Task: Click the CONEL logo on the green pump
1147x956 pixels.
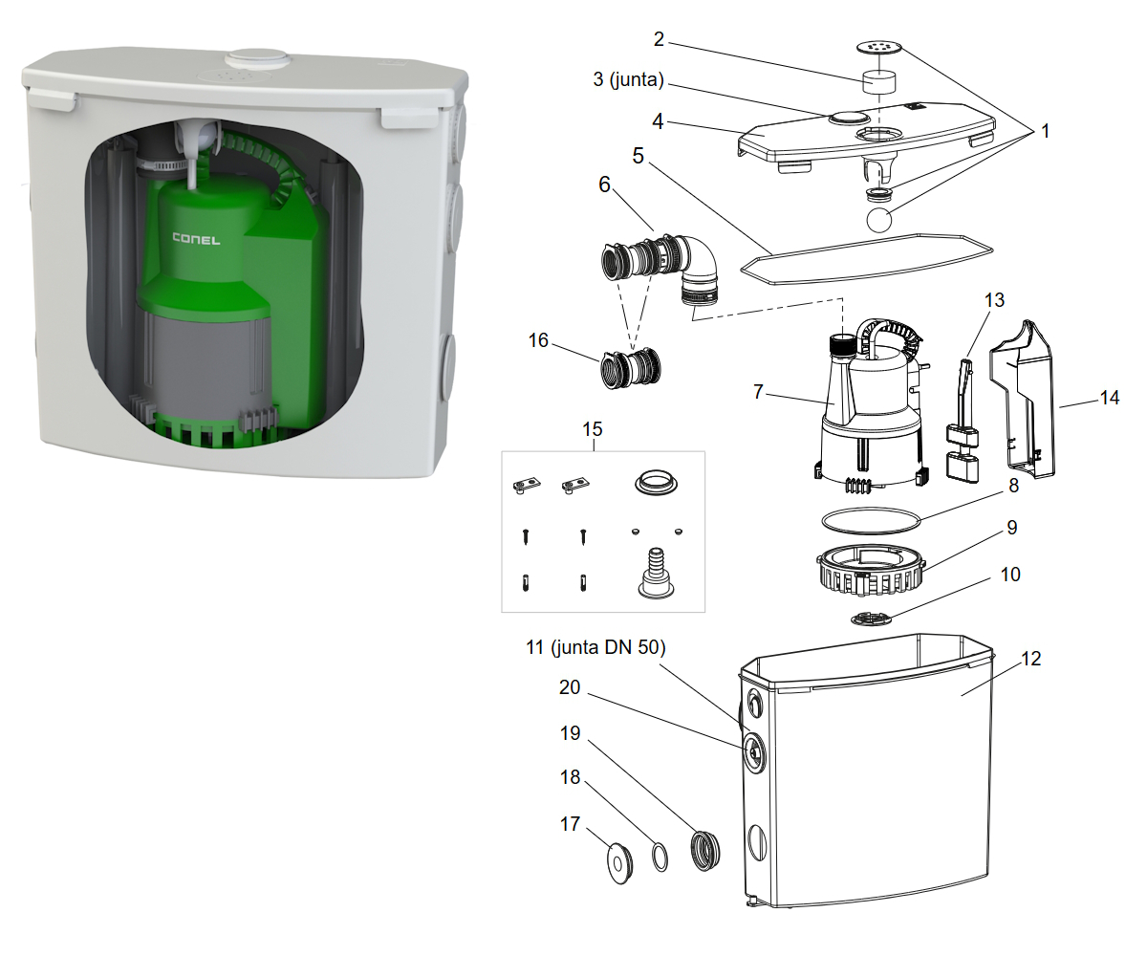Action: [x=196, y=239]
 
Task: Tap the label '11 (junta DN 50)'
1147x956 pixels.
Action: [x=595, y=647]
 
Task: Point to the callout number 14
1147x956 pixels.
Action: [x=1109, y=398]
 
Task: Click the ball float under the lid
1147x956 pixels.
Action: [x=879, y=221]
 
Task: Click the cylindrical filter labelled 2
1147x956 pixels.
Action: [x=877, y=81]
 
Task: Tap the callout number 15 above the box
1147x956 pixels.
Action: [x=594, y=431]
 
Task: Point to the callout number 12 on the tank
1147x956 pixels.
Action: [x=1029, y=659]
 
